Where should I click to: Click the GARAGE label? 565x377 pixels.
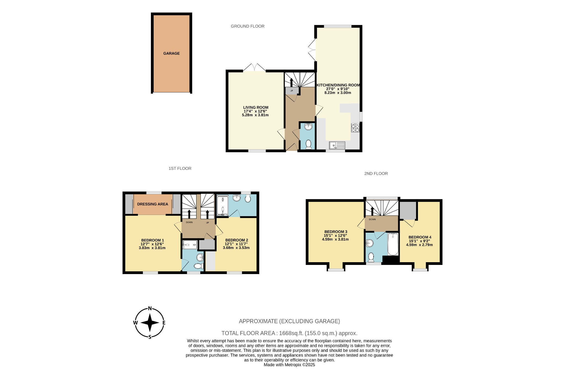[x=171, y=54]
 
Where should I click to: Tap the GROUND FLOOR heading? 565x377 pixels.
[x=247, y=26]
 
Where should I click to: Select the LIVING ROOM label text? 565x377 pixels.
[x=255, y=107]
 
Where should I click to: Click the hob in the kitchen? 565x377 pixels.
[x=355, y=128]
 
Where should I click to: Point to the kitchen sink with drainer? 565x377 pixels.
[x=337, y=145]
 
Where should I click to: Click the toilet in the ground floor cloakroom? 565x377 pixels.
[x=308, y=144]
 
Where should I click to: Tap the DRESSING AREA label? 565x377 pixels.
[x=153, y=204]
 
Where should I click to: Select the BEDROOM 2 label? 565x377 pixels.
[x=236, y=240]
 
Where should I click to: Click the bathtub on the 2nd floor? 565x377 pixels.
[x=393, y=244]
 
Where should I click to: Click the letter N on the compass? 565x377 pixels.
[x=150, y=309]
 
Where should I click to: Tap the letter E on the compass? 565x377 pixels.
[x=164, y=323]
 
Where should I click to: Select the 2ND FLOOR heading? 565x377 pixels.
[x=376, y=174]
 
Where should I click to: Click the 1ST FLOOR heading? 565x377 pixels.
[x=180, y=168]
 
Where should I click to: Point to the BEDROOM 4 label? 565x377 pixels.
[x=420, y=237]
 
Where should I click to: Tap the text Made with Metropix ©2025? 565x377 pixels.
[x=289, y=365]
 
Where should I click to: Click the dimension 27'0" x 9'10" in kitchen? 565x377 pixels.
[x=338, y=89]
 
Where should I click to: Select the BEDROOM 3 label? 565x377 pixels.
[x=335, y=232]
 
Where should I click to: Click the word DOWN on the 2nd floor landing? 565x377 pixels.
[x=372, y=219]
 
